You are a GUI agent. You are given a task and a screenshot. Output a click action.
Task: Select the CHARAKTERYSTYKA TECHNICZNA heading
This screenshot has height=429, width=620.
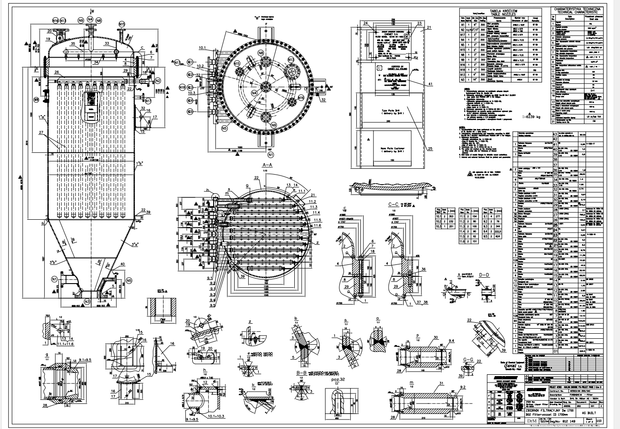pos(578,9)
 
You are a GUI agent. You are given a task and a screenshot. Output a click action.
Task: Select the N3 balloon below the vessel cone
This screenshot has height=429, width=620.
pos(87,302)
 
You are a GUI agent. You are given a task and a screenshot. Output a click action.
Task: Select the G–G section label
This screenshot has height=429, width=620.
pos(467,360)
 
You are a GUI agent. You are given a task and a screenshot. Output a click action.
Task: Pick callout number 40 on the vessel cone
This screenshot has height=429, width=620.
pos(123,264)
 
